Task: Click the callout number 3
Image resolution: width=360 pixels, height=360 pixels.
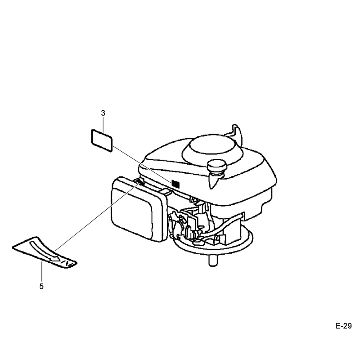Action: [103, 113]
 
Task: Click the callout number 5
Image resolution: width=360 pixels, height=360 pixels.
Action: [41, 286]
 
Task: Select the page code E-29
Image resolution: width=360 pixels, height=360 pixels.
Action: [343, 326]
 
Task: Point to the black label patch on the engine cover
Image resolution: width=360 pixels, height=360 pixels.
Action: [175, 184]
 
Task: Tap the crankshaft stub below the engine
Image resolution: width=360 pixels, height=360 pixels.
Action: [213, 261]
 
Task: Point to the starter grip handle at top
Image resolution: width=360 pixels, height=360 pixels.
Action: [237, 133]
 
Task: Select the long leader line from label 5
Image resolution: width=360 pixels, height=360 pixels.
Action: [98, 216]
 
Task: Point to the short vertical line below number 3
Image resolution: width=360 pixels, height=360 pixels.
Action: [103, 125]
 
